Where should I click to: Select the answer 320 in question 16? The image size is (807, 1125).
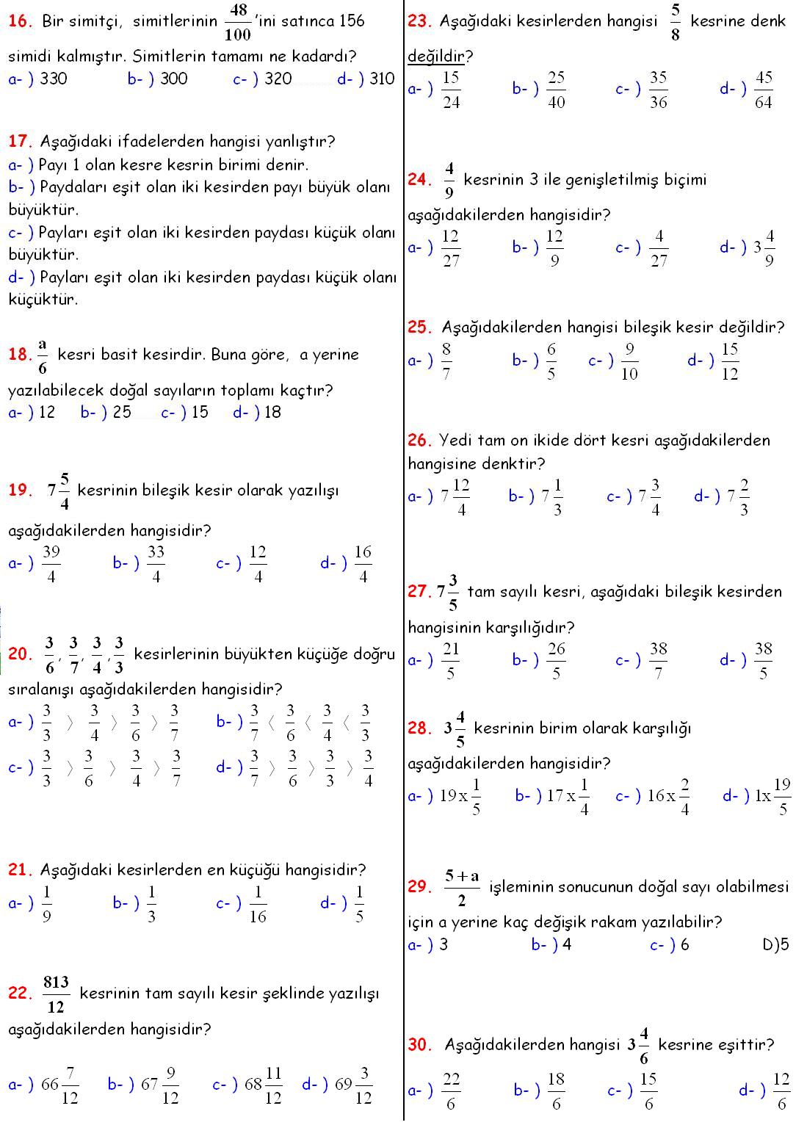(x=278, y=79)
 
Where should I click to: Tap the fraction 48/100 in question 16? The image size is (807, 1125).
(x=237, y=22)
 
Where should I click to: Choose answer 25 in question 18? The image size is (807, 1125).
(x=122, y=413)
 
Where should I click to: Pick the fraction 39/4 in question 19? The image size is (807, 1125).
(x=51, y=564)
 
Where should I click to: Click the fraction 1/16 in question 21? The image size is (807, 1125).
(x=258, y=904)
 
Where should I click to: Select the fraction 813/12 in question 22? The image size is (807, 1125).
(x=56, y=994)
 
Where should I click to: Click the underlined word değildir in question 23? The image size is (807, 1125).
(x=436, y=56)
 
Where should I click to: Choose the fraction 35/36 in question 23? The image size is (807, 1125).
(x=659, y=90)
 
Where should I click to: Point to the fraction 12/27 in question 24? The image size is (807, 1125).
(x=451, y=248)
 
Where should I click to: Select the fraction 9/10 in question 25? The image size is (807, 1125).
(x=629, y=361)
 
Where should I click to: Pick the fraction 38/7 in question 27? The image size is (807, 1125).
(x=659, y=661)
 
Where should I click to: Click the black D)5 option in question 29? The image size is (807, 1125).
(x=775, y=945)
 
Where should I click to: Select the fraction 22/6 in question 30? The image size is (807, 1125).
(x=451, y=1091)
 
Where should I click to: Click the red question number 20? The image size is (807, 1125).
(x=18, y=654)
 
